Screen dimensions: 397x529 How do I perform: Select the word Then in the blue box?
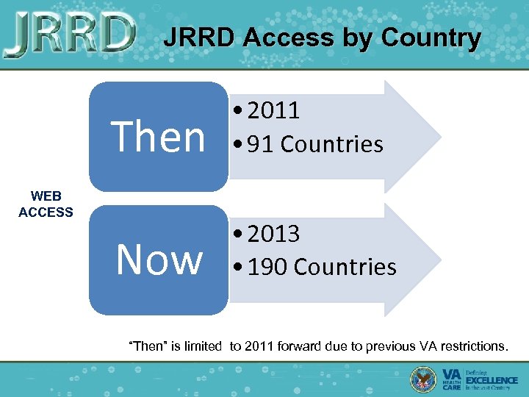tap(158, 137)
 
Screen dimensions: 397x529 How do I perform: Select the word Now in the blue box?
tap(159, 260)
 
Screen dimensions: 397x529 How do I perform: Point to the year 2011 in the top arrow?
tap(273, 111)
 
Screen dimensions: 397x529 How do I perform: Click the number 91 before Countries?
tap(261, 144)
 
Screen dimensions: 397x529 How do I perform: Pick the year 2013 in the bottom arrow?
tap(273, 235)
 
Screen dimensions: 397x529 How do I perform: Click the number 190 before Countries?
tap(267, 267)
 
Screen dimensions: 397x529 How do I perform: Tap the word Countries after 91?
tap(332, 144)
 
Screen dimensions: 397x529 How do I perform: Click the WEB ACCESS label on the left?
tap(46, 204)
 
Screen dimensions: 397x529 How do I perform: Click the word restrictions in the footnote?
tap(470, 346)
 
